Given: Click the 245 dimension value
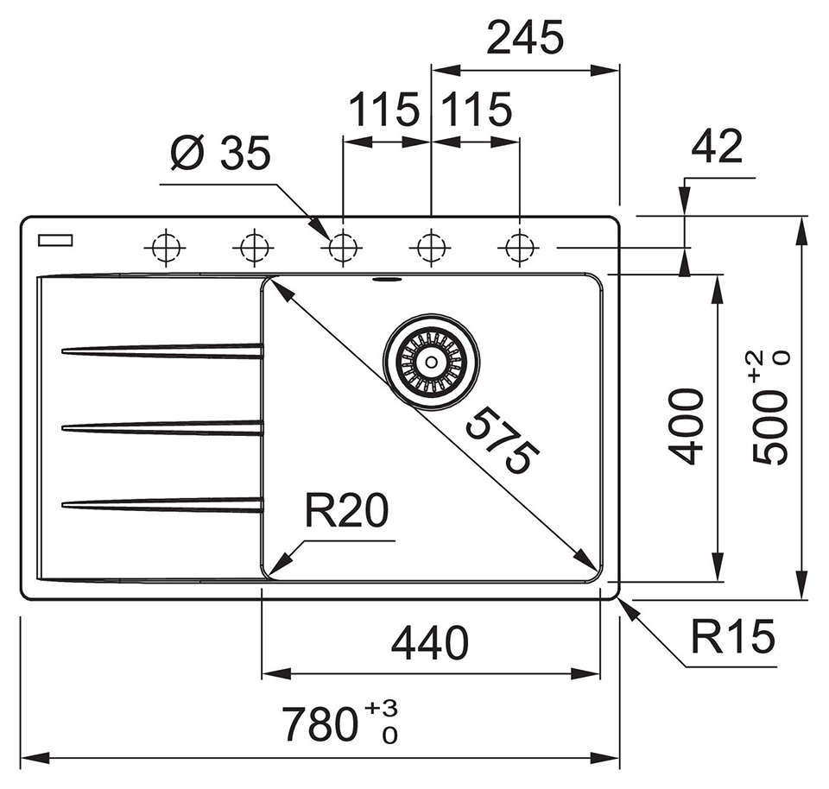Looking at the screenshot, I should pos(525,38).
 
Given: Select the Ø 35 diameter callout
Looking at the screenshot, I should pos(220,155).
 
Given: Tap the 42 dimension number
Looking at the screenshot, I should pos(717,148).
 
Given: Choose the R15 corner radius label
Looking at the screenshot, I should pos(732,639).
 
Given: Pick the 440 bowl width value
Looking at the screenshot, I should pos(429,643).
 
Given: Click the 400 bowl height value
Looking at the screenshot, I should pos(688,426).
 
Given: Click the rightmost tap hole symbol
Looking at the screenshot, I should pos(518,248).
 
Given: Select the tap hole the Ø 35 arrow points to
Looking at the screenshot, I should pos(343,248).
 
